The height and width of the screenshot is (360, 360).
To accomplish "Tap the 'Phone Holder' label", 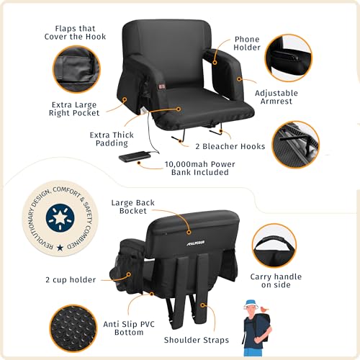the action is point(247,43).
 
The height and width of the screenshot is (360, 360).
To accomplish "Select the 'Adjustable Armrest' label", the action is point(276,97).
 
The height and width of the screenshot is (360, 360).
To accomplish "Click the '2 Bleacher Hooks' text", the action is point(230,146).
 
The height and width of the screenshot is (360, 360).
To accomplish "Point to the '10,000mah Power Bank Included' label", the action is point(199,168).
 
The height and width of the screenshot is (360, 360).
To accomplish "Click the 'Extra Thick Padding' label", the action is point(112,139).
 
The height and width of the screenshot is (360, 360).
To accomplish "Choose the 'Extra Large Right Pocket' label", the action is point(74,109).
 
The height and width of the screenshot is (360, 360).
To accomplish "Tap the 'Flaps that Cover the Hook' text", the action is point(75,32).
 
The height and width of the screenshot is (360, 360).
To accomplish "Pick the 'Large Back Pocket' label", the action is point(132,207).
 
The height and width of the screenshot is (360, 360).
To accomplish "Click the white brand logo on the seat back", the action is point(196,243).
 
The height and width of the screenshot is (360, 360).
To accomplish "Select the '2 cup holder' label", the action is point(71,280).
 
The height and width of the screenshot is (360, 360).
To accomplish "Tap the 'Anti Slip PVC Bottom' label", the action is point(129,328).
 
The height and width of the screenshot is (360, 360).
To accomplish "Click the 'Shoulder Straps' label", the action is point(197,340).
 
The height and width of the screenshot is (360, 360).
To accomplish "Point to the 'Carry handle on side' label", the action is point(276,281).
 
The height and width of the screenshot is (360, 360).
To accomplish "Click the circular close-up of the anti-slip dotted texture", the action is point(73,328).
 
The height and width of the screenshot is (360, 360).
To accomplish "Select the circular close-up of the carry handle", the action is point(274,246).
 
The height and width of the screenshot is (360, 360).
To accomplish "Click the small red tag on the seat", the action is point(162,86).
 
